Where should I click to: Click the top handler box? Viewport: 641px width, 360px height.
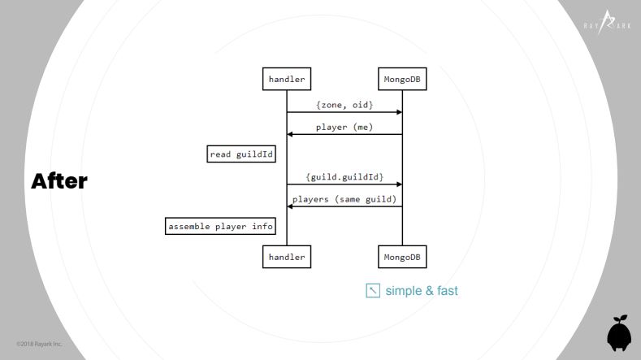click(x=287, y=79)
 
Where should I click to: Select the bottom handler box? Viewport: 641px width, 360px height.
click(x=287, y=257)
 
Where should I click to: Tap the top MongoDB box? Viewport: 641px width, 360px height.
click(x=402, y=79)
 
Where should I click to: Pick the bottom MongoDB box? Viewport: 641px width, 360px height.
click(x=402, y=257)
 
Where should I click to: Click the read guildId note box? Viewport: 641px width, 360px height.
click(x=241, y=154)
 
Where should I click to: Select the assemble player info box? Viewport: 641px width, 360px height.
click(x=220, y=226)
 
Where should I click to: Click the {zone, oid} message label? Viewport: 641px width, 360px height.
click(x=344, y=105)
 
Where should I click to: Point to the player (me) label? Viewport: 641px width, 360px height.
click(x=344, y=128)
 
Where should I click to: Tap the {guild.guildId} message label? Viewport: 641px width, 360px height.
click(x=344, y=177)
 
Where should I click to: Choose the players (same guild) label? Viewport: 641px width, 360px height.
click(x=344, y=199)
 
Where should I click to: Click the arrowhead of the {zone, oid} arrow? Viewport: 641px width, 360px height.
click(x=400, y=112)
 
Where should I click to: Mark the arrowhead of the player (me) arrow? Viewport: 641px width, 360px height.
click(x=290, y=134)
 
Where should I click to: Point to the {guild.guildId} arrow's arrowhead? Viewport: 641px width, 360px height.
click(x=400, y=184)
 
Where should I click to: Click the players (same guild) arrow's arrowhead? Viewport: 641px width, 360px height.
click(x=290, y=206)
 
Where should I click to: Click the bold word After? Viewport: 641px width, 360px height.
click(x=59, y=181)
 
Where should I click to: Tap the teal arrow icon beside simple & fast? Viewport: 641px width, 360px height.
click(x=373, y=290)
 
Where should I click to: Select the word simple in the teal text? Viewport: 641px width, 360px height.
click(x=404, y=291)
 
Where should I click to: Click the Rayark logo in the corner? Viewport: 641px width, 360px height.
click(x=607, y=23)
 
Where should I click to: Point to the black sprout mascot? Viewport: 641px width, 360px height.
click(x=619, y=333)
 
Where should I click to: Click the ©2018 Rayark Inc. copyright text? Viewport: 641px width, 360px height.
click(x=39, y=344)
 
